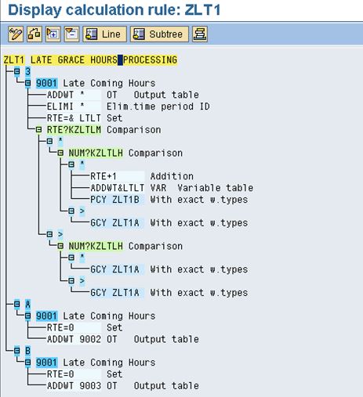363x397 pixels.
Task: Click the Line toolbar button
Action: point(104,34)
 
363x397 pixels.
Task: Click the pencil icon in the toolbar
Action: point(16,34)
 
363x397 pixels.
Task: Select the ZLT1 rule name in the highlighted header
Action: point(14,60)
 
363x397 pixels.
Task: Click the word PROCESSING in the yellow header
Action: point(150,60)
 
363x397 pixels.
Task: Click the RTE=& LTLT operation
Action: point(74,118)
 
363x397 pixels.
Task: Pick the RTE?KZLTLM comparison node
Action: point(74,130)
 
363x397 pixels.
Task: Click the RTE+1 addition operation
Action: point(103,176)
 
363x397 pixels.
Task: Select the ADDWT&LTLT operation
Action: point(118,188)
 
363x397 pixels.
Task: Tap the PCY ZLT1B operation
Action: point(114,200)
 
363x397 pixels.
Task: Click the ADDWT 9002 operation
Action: point(74,339)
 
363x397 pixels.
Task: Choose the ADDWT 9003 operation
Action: point(74,386)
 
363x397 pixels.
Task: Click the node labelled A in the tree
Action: point(27,305)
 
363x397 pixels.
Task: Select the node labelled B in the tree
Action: point(27,351)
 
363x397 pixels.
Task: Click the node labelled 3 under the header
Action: point(27,71)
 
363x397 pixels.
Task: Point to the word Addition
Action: point(172,176)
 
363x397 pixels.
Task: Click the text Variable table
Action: point(216,188)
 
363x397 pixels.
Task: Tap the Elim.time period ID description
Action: point(158,106)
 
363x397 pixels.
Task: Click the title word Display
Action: point(34,10)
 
